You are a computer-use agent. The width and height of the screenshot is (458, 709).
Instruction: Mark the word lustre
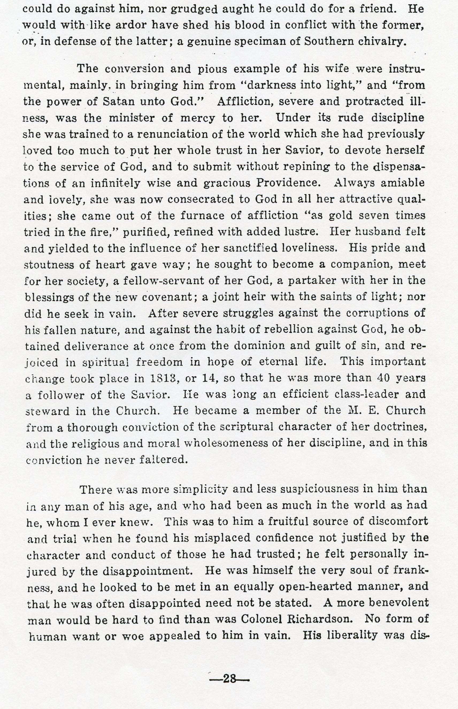coord(299,231)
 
